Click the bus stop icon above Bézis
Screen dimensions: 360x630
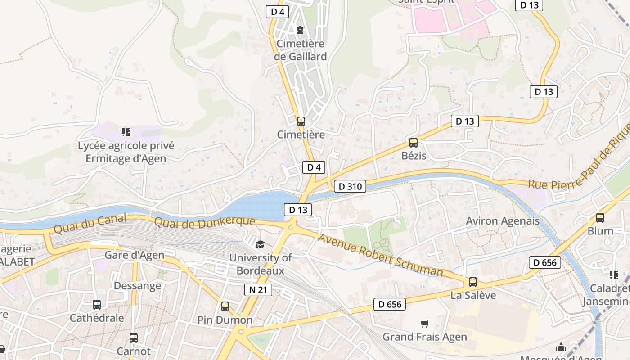pos(413,143)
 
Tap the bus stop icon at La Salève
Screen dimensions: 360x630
pos(472,282)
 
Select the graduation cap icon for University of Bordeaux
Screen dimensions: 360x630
pos(260,244)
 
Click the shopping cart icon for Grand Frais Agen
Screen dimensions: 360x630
pos(424,324)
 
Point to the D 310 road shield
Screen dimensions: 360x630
pos(350,186)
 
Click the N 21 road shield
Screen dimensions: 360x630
pos(258,290)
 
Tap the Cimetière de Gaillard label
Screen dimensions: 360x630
pos(301,50)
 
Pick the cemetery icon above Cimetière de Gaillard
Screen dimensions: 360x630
pos(300,30)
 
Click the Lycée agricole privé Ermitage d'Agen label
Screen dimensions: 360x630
pos(126,152)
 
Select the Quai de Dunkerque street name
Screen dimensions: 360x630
pos(205,221)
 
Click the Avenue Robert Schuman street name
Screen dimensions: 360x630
pos(380,255)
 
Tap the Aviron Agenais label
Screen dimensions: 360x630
pos(502,221)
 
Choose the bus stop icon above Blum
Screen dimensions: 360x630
pos(600,218)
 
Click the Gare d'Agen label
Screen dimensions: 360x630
pos(135,255)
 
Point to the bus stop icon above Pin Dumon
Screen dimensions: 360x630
pos(225,306)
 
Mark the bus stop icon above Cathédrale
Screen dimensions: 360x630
pos(97,305)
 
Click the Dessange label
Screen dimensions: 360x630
pos(137,286)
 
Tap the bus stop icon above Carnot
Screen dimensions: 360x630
pos(134,338)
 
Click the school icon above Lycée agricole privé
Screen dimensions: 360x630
pos(126,132)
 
